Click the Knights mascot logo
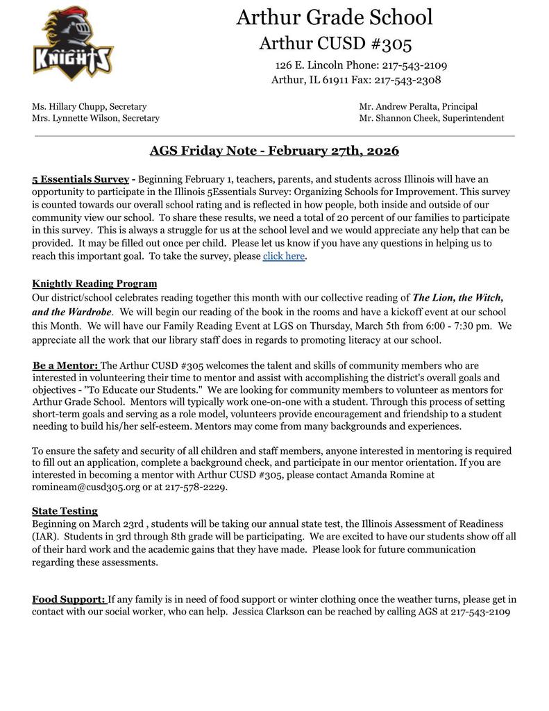pyautogui.click(x=73, y=43)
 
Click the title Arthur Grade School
pyautogui.click(x=334, y=17)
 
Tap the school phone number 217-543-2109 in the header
pyautogui.click(x=414, y=65)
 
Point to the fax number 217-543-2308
pyautogui.click(x=407, y=80)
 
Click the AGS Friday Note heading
pyautogui.click(x=274, y=151)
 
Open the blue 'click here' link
pyautogui.click(x=283, y=256)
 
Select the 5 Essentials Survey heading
pyautogui.click(x=81, y=179)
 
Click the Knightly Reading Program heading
pyautogui.click(x=94, y=283)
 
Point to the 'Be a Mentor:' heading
pyautogui.click(x=66, y=365)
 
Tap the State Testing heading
pyautogui.click(x=65, y=511)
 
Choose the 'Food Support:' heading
pyautogui.click(x=69, y=599)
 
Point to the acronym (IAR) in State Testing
pyautogui.click(x=44, y=537)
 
